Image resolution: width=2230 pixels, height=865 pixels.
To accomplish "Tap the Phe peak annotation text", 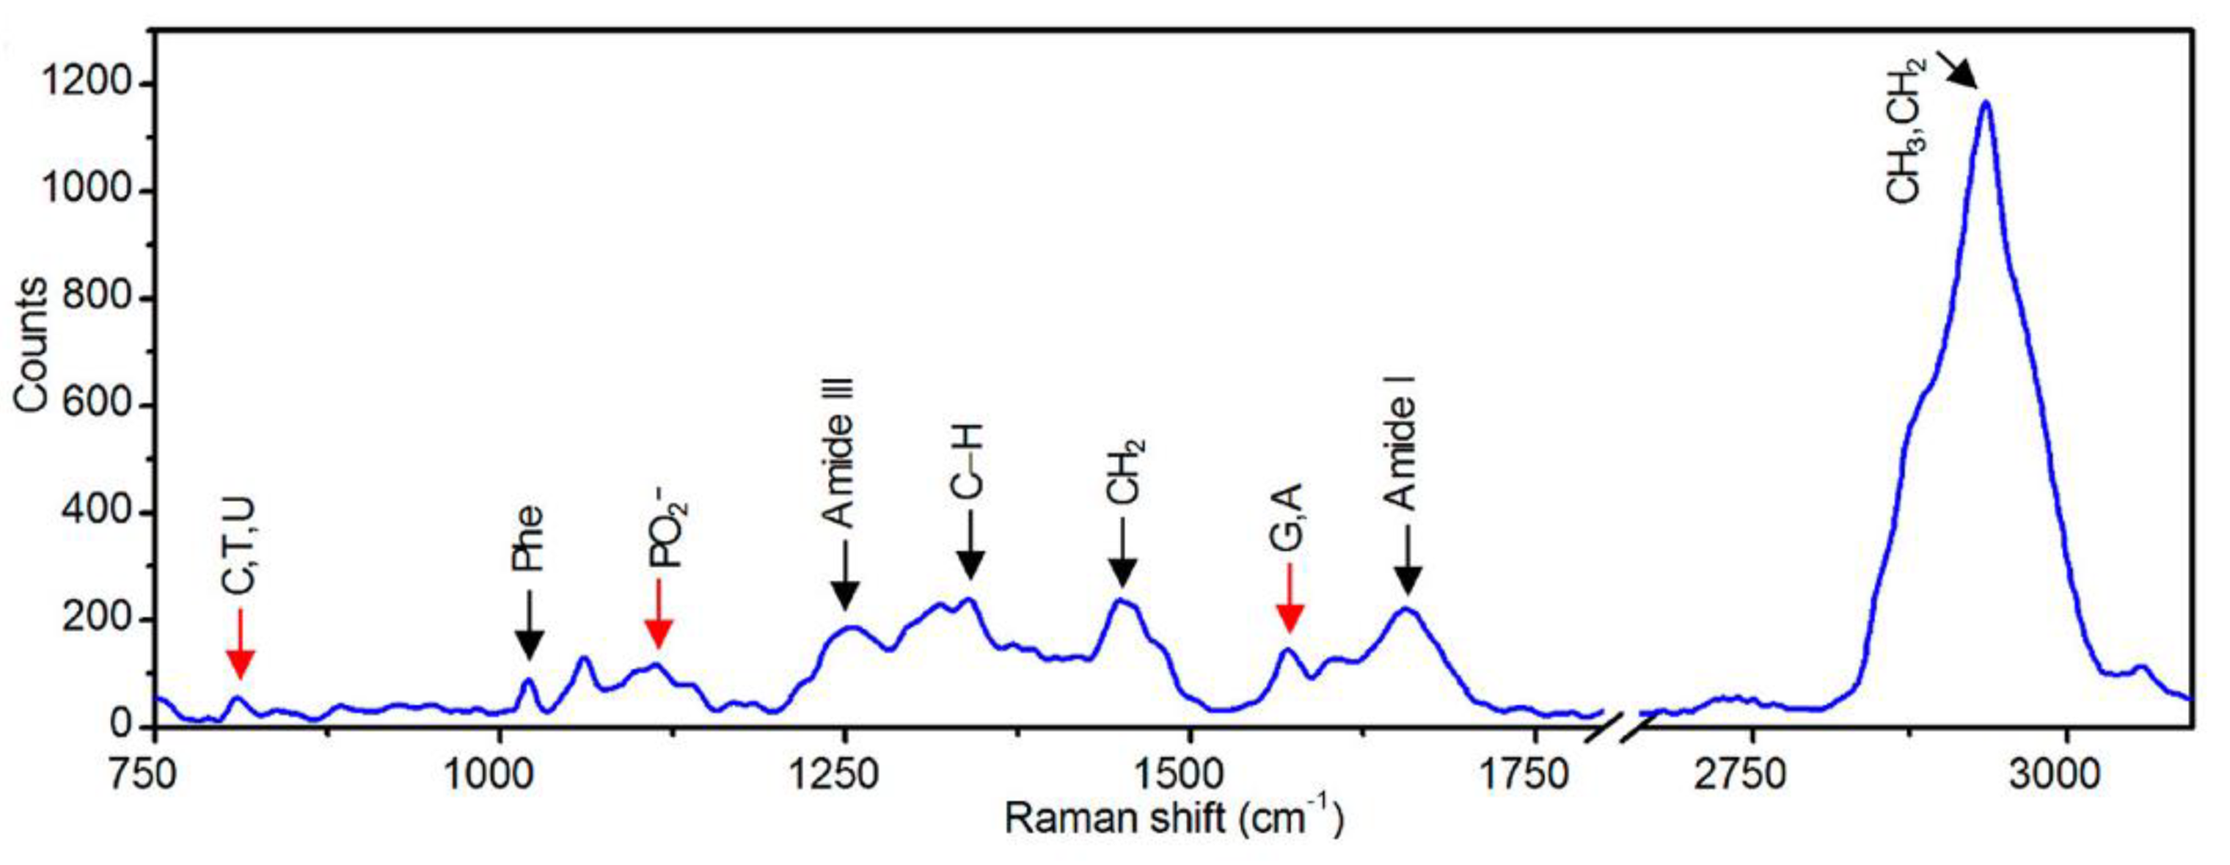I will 527,538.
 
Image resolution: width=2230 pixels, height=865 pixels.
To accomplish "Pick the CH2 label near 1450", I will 1125,472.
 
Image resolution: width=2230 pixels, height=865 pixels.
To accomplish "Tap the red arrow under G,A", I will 1290,599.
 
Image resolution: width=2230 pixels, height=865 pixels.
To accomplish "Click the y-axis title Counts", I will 32,344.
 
